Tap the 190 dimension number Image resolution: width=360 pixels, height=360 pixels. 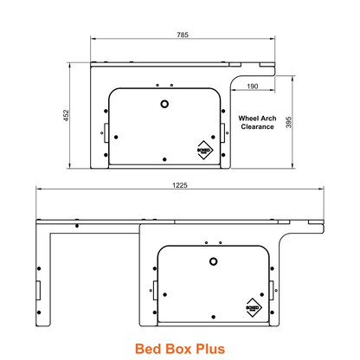coord(252,87)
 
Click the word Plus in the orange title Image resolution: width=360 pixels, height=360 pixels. coord(208,349)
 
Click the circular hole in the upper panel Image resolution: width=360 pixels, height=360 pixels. coord(164,104)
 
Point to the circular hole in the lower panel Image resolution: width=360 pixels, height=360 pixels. coord(213,261)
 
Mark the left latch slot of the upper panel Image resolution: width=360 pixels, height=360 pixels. coord(106,131)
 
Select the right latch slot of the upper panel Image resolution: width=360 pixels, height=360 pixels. coord(224,131)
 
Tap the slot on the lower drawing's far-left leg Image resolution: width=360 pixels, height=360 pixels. coord(38,288)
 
